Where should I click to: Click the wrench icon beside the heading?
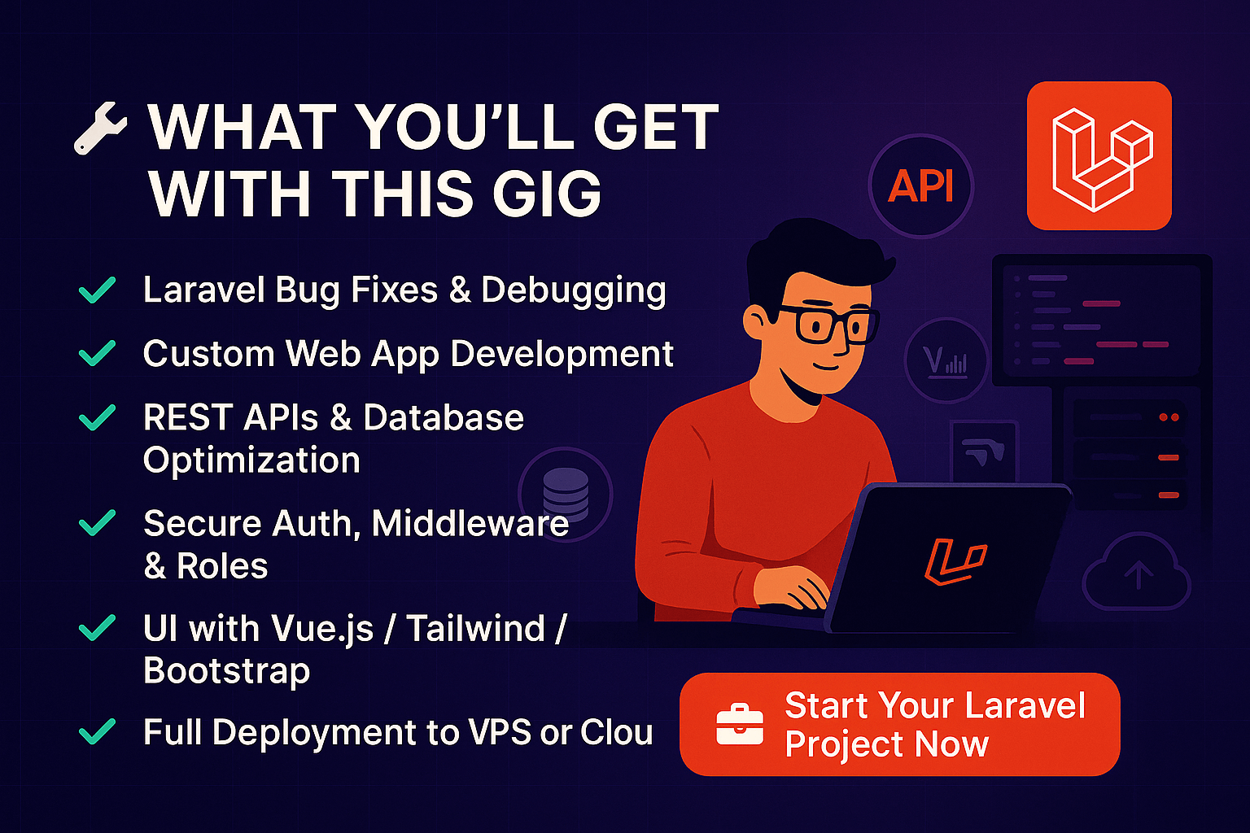(99, 129)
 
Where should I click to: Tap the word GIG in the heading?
(547, 194)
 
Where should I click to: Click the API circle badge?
(920, 185)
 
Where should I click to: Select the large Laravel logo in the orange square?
(1099, 156)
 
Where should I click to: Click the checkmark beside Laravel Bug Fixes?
(97, 290)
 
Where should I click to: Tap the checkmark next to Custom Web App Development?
(97, 353)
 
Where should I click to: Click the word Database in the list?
(444, 417)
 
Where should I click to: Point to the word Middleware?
(470, 523)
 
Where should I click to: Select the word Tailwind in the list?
(476, 628)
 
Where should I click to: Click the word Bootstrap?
(226, 671)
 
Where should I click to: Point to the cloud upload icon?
(1137, 573)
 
